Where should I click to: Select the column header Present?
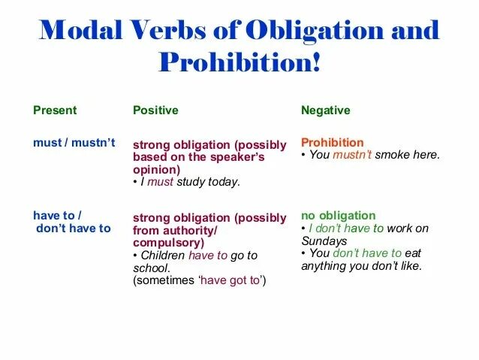[x=55, y=110]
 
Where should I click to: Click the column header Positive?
[x=155, y=110]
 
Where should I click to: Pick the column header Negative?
[x=325, y=110]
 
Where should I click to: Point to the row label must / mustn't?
[x=74, y=143]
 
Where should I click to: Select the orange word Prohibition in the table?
[x=332, y=142]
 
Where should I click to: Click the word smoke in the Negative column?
[x=392, y=155]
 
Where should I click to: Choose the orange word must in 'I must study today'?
[x=160, y=181]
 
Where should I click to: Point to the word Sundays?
[x=324, y=241]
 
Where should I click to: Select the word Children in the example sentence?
[x=161, y=256]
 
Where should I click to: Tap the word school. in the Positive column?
[x=151, y=268]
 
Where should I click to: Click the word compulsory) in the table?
[x=168, y=243]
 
